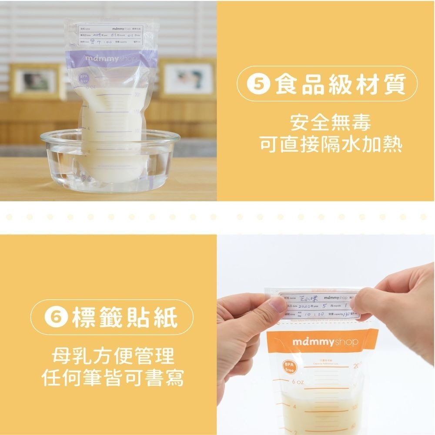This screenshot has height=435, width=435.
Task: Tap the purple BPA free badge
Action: [x=83, y=79]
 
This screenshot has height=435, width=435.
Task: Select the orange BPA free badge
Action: [x=289, y=366]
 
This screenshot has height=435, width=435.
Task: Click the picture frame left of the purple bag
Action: [x=36, y=82]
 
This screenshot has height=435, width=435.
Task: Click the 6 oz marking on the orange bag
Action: [x=298, y=381]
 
